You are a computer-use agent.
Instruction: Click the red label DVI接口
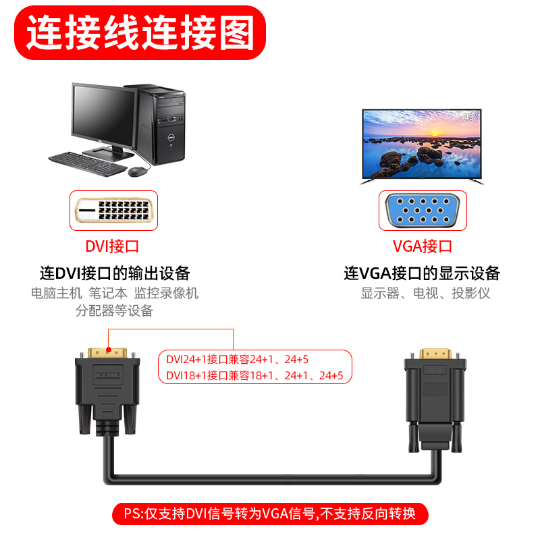(112, 247)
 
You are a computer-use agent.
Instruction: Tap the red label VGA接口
(422, 247)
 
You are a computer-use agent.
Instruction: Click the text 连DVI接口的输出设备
(115, 273)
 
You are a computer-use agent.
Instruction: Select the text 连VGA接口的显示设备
(422, 273)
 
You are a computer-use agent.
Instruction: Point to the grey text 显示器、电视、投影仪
(425, 293)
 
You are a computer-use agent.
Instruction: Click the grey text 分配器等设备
(115, 310)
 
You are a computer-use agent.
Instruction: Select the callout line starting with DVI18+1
(254, 375)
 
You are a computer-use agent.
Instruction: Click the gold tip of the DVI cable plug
(107, 354)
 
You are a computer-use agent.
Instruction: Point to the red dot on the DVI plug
(109, 331)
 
